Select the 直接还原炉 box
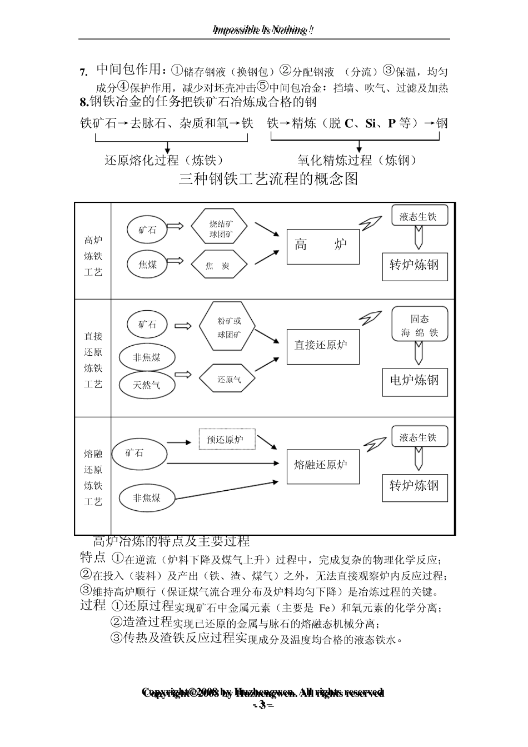click(x=323, y=346)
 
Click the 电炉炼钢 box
click(x=415, y=381)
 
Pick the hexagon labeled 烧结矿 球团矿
click(x=221, y=230)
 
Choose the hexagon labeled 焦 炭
click(x=218, y=266)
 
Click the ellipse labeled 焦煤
click(x=147, y=265)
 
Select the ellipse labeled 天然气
click(x=147, y=385)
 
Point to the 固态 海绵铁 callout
click(x=420, y=325)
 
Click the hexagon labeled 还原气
click(x=228, y=380)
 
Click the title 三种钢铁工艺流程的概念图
click(x=269, y=179)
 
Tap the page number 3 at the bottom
click(x=263, y=705)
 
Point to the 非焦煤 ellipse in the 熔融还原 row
click(x=147, y=499)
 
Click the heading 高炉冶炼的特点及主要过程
click(x=171, y=541)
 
